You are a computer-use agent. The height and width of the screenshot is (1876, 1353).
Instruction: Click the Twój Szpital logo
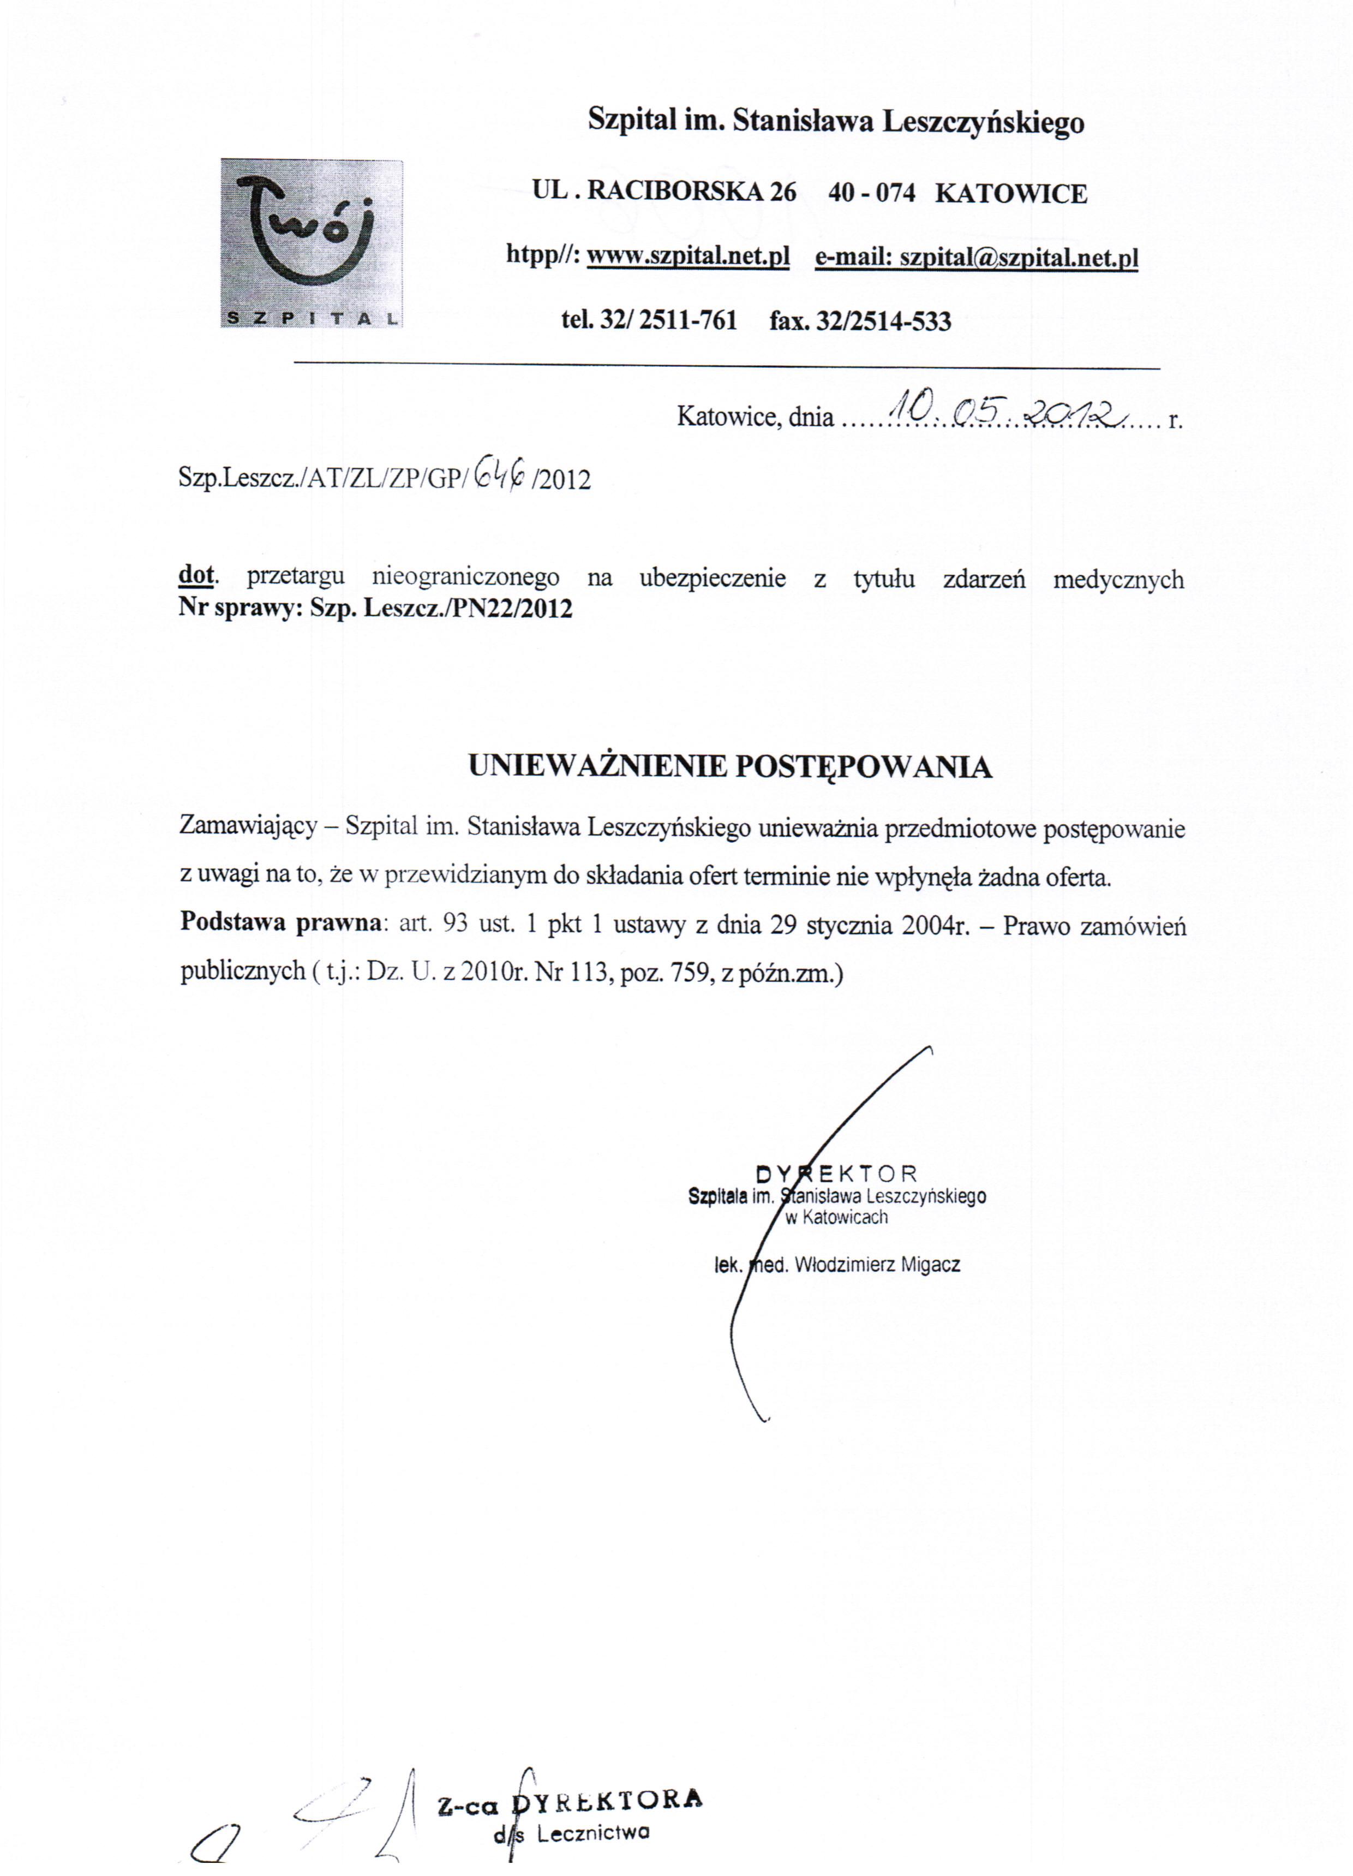pos(311,243)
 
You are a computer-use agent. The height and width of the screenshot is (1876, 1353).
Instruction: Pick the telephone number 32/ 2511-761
pos(668,320)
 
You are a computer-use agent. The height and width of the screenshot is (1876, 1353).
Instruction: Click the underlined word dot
pos(196,576)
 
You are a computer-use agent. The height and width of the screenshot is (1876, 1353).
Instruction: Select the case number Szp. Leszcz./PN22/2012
pos(441,609)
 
